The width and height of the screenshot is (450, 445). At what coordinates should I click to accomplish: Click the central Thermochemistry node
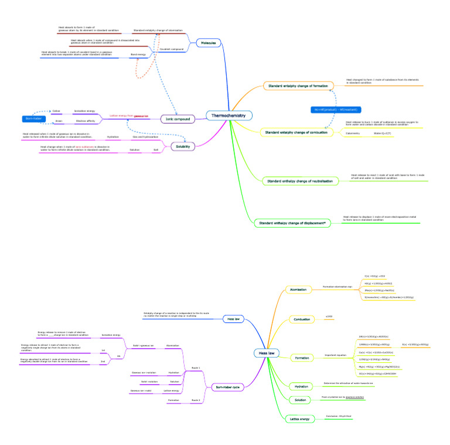coord(229,116)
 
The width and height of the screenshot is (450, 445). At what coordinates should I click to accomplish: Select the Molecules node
coord(209,43)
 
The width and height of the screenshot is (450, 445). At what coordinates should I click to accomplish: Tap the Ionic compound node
coord(178,119)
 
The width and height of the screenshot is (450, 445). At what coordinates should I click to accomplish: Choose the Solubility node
coord(182,146)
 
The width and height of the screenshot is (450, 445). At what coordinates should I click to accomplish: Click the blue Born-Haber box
coord(32,119)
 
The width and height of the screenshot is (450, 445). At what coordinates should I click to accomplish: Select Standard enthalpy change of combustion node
coord(296,133)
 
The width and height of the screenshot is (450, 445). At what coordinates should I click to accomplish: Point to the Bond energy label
coord(138,55)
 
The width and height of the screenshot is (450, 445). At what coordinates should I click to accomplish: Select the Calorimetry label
coord(353,134)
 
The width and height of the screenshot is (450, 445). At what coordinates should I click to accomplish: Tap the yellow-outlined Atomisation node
coord(297,289)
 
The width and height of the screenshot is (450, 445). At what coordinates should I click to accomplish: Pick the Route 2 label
coord(196,400)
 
